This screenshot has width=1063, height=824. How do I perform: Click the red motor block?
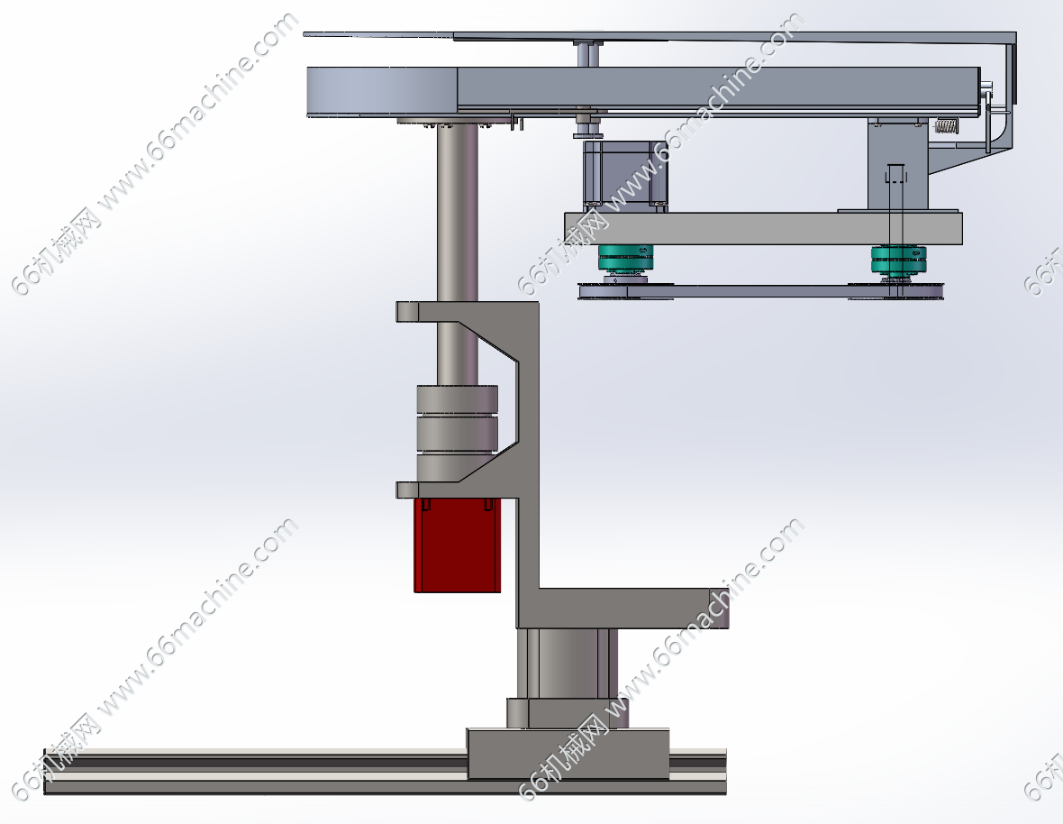click(x=458, y=545)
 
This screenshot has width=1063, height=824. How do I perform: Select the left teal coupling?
click(x=625, y=259)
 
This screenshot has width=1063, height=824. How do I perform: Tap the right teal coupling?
click(x=898, y=259)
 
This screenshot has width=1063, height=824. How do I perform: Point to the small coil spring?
click(x=947, y=127)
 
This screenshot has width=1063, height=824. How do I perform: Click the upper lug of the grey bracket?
click(x=407, y=312)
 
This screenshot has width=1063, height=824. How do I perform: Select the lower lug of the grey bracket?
click(x=407, y=490)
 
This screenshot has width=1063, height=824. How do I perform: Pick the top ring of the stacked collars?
click(x=457, y=399)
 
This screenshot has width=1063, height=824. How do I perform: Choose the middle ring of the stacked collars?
click(x=457, y=434)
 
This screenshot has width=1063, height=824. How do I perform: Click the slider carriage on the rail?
click(x=568, y=755)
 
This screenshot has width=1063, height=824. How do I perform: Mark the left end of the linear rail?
click(x=45, y=772)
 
